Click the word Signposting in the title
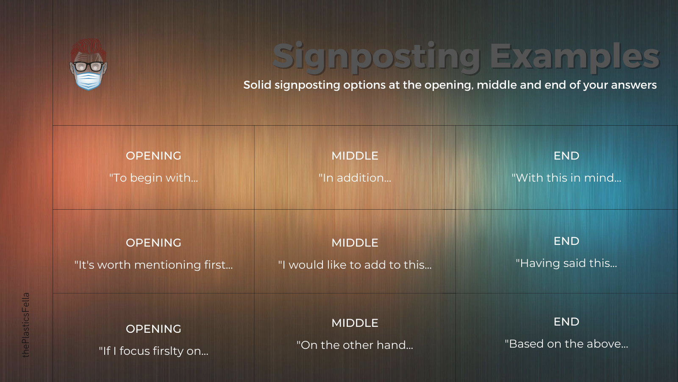point(377,58)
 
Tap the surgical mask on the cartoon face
point(88,80)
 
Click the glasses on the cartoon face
point(89,66)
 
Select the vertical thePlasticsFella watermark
point(26,325)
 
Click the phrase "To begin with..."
point(153,178)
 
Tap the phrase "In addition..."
point(355,178)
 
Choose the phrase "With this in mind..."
point(566,178)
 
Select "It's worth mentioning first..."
point(153,265)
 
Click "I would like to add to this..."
point(355,265)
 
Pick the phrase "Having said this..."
point(566,263)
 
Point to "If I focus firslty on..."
point(153,351)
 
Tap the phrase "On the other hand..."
point(355,345)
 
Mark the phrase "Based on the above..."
point(566,344)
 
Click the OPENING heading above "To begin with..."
point(153,156)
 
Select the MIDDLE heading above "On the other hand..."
point(355,323)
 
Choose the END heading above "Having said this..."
point(566,242)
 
